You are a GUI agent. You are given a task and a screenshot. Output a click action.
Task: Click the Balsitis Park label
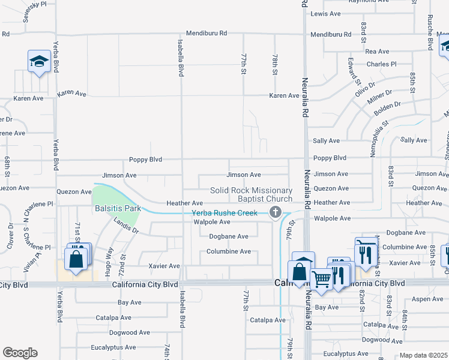[x=117, y=209]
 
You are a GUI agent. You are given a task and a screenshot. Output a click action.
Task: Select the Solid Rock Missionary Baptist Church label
[x=251, y=194]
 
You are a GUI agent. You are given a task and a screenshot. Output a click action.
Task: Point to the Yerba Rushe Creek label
[x=224, y=213]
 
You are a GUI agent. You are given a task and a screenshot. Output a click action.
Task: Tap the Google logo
[x=20, y=353]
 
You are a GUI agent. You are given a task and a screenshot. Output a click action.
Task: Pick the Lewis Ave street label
[x=326, y=14]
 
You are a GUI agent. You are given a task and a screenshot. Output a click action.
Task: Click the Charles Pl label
[x=381, y=64]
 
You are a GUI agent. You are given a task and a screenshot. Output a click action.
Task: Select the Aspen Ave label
[x=428, y=299]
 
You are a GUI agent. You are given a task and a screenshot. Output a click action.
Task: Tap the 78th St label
[x=274, y=64]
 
